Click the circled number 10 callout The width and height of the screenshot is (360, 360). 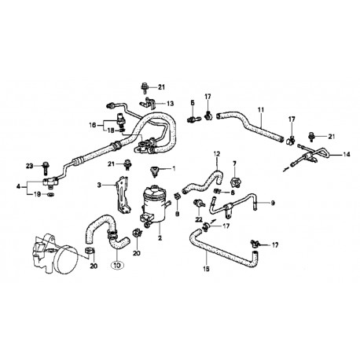[x=117, y=266]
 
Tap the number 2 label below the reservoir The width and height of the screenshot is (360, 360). [x=160, y=238]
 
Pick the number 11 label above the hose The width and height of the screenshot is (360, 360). [x=261, y=109]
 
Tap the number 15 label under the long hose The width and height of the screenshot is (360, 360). [x=207, y=269]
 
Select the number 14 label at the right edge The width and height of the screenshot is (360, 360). [x=347, y=155]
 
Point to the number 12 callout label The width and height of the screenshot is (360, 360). [x=217, y=153]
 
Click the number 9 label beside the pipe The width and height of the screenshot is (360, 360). [x=273, y=203]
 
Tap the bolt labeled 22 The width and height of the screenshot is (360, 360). [x=198, y=204]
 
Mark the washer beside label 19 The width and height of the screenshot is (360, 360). [x=50, y=194]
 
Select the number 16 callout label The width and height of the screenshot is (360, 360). [x=92, y=125]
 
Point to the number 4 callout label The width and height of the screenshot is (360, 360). [x=18, y=186]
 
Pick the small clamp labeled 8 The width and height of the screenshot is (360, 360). [x=177, y=197]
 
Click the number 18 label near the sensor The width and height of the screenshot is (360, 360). [x=112, y=130]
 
